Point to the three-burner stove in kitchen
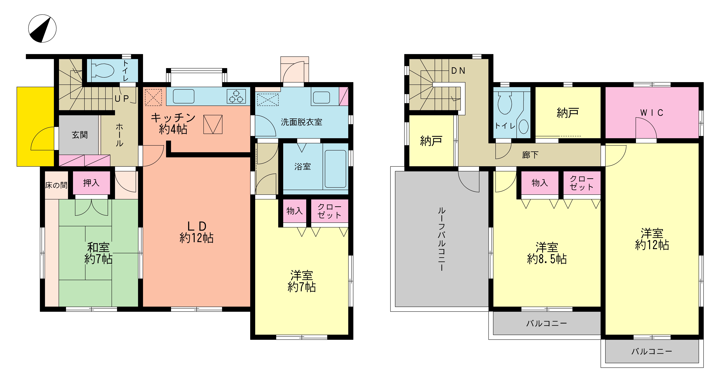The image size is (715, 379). tap(236, 96)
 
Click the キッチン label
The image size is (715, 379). tap(173, 118)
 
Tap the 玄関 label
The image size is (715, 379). tap(80, 135)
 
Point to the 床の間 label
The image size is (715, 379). tap(56, 185)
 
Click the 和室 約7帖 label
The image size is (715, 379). tap(99, 253)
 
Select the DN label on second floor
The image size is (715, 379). tap(458, 71)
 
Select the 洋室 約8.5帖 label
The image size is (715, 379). tap(547, 253)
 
